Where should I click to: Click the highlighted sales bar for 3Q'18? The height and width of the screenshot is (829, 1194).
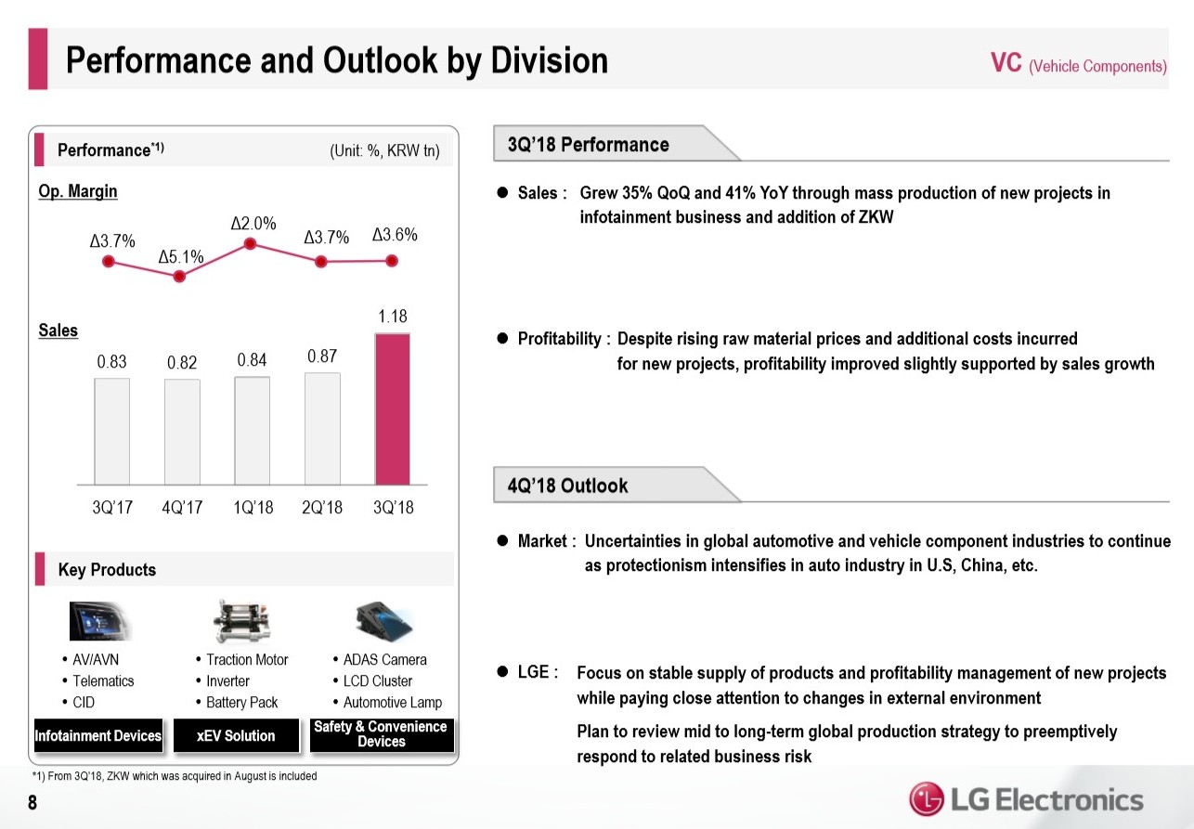(392, 408)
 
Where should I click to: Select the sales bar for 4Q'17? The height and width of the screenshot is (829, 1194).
(182, 432)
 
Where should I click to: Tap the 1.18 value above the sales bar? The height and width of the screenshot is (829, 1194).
(392, 317)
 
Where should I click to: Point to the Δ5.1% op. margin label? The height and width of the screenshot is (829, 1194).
(180, 256)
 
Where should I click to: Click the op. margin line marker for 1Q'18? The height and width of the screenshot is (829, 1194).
(250, 244)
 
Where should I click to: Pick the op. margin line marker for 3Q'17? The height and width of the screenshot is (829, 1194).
(110, 263)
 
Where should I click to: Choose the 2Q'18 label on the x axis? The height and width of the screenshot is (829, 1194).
(322, 508)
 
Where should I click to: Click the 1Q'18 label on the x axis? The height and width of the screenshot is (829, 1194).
(253, 508)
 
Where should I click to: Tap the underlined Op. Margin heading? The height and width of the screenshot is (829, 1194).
(78, 191)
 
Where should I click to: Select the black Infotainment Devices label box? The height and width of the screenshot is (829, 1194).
(98, 735)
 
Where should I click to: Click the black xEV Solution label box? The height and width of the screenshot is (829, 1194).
(236, 735)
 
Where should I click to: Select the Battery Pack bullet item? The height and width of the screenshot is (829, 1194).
(241, 703)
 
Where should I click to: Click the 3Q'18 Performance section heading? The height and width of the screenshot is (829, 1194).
(589, 145)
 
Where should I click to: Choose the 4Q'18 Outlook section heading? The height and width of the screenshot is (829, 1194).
(568, 486)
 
